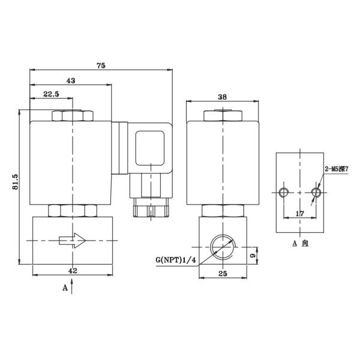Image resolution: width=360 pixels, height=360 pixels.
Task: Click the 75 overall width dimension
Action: pos(101,65)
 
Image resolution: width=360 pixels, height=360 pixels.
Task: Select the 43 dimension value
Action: pos(71,81)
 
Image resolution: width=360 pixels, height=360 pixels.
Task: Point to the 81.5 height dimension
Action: pos(16,182)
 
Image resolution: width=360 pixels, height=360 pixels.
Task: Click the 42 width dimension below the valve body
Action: pos(73,271)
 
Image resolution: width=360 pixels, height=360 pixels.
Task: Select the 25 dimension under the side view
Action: pos(223,274)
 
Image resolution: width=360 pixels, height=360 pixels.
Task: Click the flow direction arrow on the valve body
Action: pos(73,241)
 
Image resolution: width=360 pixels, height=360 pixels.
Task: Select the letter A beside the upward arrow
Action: pos(65,288)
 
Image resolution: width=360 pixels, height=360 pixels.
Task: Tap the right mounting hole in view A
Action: pos(316,192)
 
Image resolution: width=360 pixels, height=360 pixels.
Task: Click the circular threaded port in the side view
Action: pos(222,246)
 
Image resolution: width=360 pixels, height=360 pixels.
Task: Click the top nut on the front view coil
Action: pos(72,115)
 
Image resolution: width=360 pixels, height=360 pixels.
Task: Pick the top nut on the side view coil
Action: pos(222,115)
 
